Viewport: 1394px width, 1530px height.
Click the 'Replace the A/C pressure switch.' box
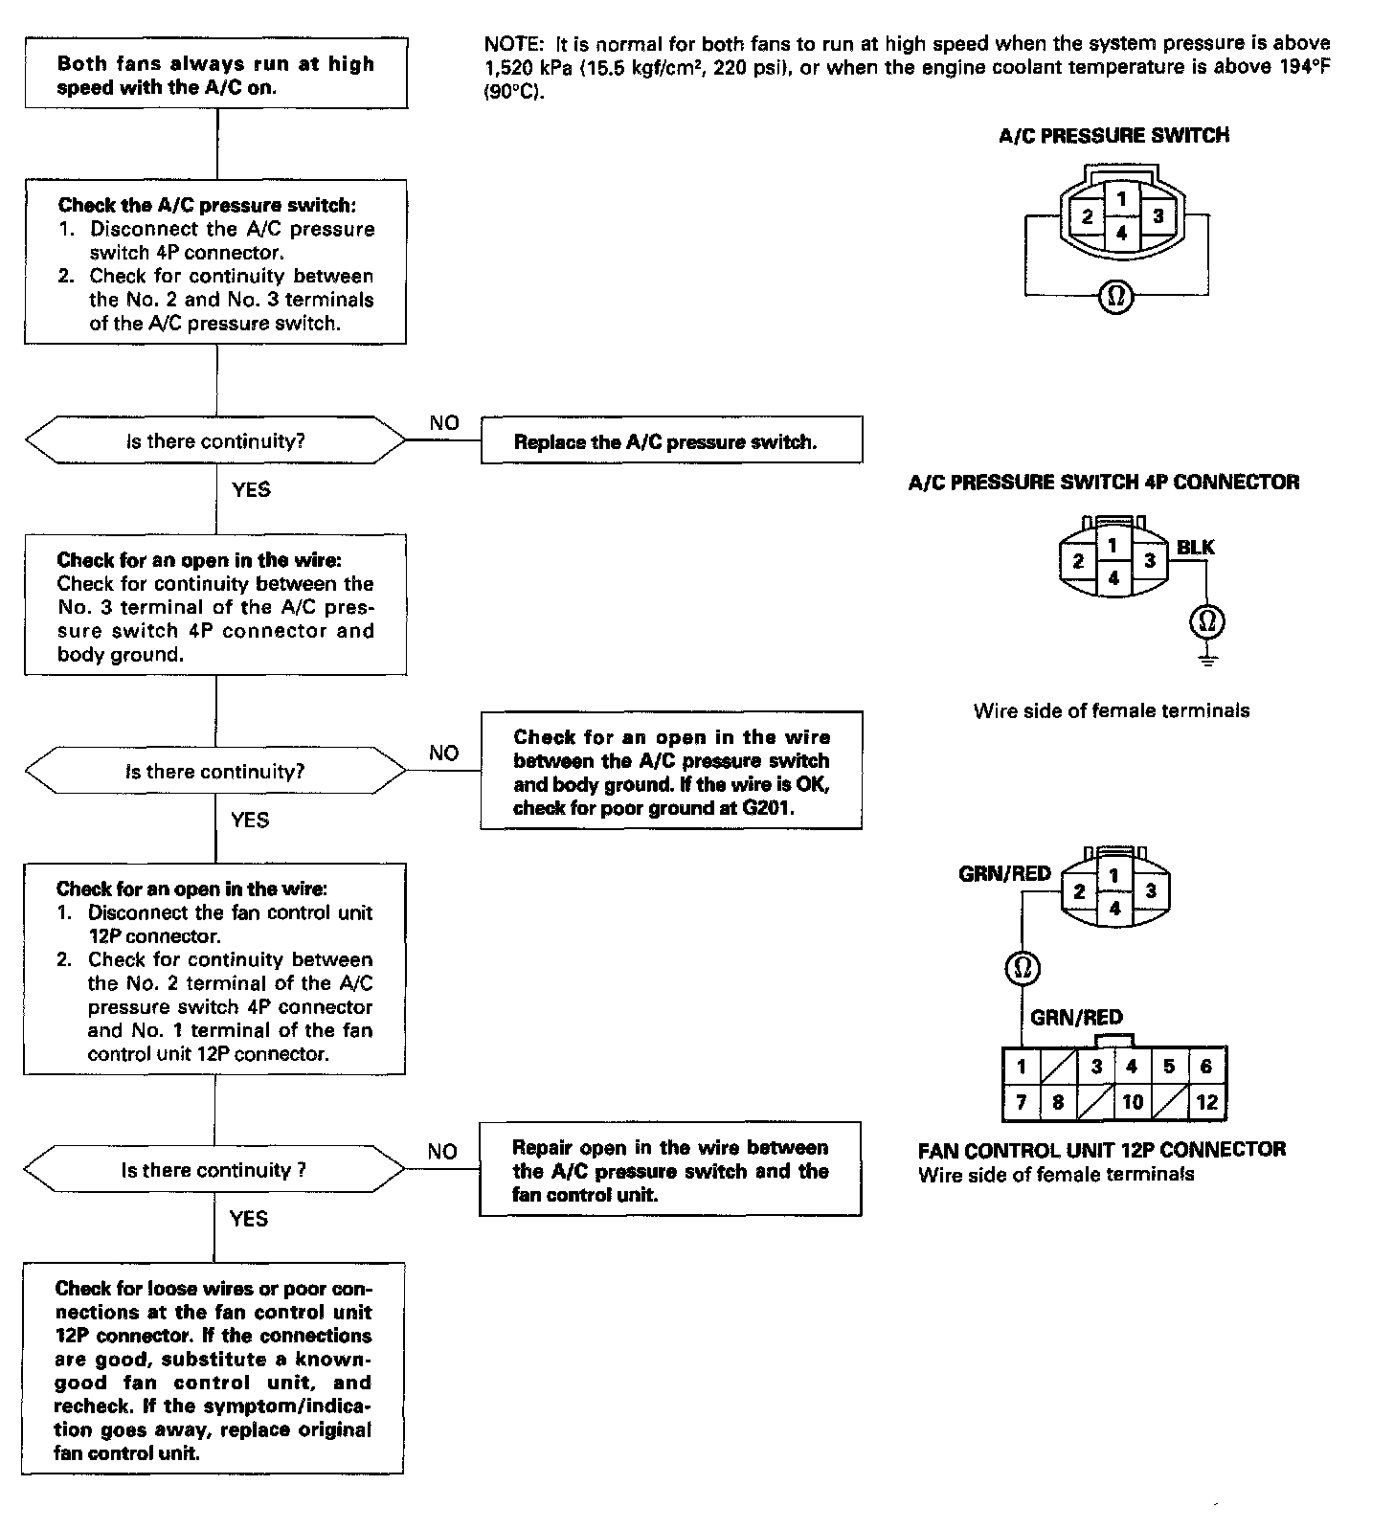tap(670, 440)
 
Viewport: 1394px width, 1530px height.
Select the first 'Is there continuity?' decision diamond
tap(215, 440)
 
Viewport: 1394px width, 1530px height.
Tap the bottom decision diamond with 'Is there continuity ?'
tap(214, 1170)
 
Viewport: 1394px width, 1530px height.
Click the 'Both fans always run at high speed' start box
tap(216, 75)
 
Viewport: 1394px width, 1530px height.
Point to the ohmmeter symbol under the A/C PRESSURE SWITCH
tap(1115, 296)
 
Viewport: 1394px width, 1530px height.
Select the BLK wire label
tap(1195, 547)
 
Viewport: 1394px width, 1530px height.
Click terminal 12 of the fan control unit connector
tap(1206, 1102)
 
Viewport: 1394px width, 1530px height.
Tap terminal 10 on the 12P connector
tap(1133, 1102)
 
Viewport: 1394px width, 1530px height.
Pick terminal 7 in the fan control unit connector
tap(1021, 1102)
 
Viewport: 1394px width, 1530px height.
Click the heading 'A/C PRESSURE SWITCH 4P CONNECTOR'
tap(1103, 482)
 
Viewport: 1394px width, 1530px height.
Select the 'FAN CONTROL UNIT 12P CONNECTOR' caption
tap(1101, 1149)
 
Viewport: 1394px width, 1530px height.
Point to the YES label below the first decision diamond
tap(251, 489)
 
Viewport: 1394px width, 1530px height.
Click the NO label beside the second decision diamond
tap(443, 753)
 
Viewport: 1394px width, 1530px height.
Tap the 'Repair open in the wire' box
tap(670, 1170)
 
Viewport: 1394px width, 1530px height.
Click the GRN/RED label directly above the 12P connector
tap(1076, 1017)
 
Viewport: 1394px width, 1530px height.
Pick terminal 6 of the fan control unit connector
tap(1206, 1066)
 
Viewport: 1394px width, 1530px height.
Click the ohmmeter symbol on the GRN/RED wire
tap(1023, 968)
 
